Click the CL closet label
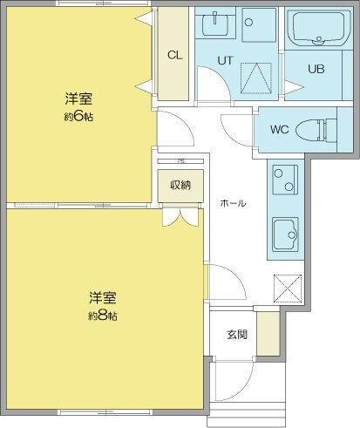(x=174, y=54)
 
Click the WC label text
(x=279, y=130)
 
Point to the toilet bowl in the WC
(x=315, y=131)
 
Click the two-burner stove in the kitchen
(x=285, y=180)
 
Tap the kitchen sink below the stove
(x=285, y=233)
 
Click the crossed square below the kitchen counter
(x=286, y=287)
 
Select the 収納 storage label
(x=180, y=185)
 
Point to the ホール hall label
(x=233, y=203)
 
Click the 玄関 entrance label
(x=236, y=334)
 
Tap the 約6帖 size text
(x=78, y=117)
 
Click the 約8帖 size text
(x=103, y=315)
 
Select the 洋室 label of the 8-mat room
(x=103, y=297)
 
